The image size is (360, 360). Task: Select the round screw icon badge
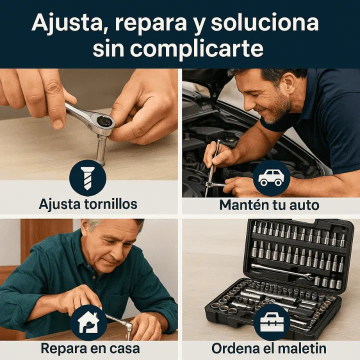(x=87, y=178)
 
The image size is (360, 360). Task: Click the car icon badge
(x=271, y=178)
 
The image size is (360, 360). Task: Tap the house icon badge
(x=88, y=322)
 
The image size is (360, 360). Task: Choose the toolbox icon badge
(x=271, y=322)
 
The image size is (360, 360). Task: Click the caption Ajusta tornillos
(x=88, y=204)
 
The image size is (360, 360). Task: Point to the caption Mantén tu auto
(x=269, y=204)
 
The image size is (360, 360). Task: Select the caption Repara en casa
(x=90, y=348)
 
